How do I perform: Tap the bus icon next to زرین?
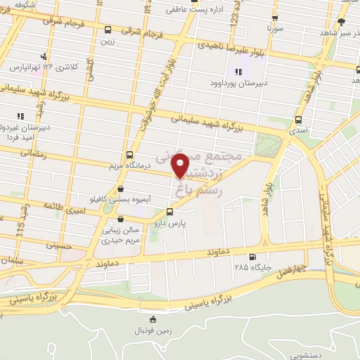click(x=108, y=30)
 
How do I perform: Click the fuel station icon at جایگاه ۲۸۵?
click(x=252, y=257)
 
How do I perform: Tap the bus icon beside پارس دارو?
click(x=169, y=212)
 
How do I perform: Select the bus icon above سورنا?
click(x=274, y=19)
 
